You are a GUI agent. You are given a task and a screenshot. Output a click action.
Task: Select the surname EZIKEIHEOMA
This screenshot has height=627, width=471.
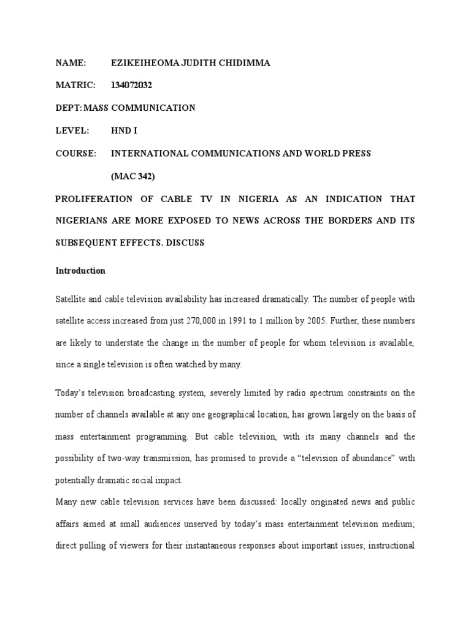coord(142,63)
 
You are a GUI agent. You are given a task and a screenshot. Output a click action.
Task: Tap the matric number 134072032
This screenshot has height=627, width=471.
coord(131,85)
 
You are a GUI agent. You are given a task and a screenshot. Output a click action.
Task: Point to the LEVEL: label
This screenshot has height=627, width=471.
coord(72,130)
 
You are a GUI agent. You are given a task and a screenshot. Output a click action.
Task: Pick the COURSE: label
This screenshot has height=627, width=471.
coord(76,154)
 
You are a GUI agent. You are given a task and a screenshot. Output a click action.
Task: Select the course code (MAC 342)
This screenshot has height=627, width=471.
coord(133,176)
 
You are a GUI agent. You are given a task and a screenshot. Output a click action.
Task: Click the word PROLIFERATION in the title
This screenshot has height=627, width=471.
coord(93,199)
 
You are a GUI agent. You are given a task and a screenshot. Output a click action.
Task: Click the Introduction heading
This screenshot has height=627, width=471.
coord(80,271)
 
